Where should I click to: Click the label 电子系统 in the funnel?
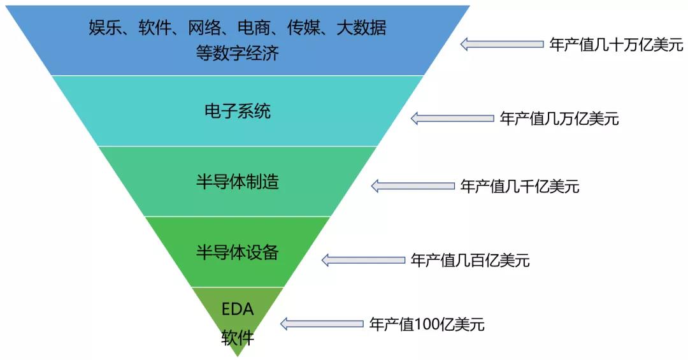click(x=237, y=112)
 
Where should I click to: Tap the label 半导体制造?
click(x=237, y=182)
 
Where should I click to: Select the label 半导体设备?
click(x=237, y=252)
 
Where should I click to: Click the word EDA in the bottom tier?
click(x=238, y=310)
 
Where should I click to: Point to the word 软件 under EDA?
click(x=238, y=338)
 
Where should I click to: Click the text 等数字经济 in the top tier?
click(x=237, y=53)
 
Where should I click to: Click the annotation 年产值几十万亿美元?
click(x=616, y=45)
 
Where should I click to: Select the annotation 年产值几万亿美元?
click(x=559, y=119)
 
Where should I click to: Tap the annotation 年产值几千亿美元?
click(x=520, y=186)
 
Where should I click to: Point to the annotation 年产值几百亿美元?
click(x=470, y=260)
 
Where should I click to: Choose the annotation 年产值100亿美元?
click(x=427, y=324)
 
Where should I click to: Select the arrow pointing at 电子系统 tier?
click(x=452, y=119)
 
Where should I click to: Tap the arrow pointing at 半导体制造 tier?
click(x=413, y=186)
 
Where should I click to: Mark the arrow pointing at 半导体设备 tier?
click(x=363, y=260)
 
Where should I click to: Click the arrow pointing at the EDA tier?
click(x=322, y=324)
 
